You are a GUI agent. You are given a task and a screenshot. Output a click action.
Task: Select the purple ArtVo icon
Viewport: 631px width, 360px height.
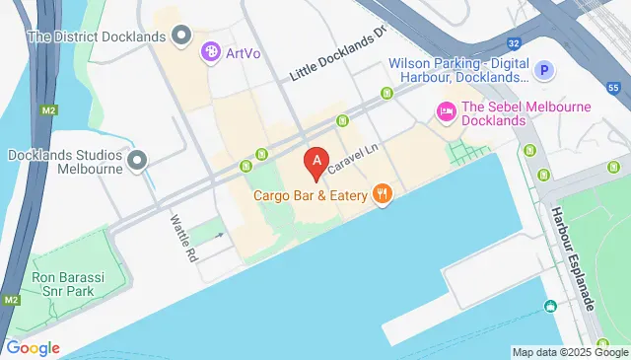210,52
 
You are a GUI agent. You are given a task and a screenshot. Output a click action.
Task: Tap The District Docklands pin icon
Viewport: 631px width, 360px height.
180,36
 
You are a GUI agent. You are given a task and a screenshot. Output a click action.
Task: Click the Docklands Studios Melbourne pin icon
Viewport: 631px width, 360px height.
137,159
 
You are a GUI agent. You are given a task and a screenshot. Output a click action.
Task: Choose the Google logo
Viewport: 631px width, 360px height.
33,347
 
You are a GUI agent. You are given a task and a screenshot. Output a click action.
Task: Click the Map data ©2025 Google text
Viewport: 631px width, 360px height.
569,352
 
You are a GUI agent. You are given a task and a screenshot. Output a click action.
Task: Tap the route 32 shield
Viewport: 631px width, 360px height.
514,43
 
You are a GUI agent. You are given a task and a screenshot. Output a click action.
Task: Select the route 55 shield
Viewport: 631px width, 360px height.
613,88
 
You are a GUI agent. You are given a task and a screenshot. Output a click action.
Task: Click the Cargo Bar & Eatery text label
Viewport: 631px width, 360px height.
311,195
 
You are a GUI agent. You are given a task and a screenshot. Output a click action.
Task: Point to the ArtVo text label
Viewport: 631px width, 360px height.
243,52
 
